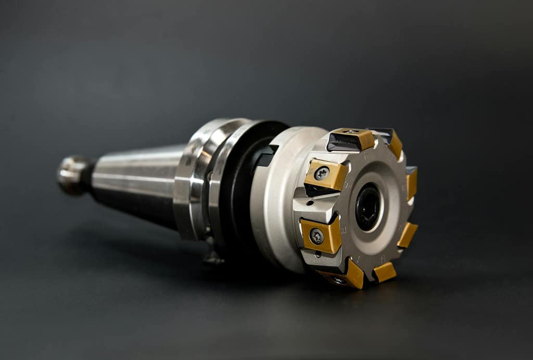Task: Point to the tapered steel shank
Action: click(x=138, y=182)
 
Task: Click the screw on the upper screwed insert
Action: click(x=322, y=173)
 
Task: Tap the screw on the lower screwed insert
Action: click(x=316, y=237)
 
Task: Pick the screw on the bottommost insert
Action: click(x=339, y=280)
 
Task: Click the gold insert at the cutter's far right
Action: click(x=412, y=182)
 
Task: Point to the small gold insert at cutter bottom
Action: click(x=385, y=271)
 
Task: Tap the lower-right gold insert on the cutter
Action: click(x=407, y=234)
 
